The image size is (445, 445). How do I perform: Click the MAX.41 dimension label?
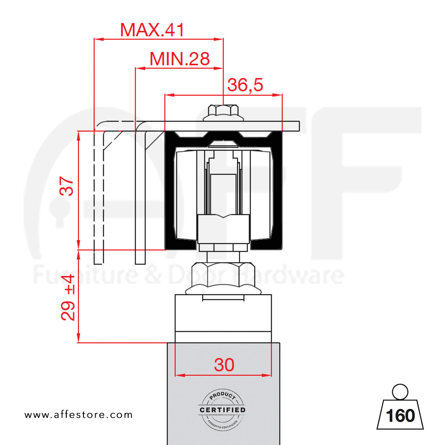(152, 30)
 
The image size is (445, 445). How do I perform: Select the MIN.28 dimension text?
(179, 59)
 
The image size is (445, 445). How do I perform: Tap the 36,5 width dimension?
(245, 85)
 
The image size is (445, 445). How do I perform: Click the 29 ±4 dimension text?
(68, 297)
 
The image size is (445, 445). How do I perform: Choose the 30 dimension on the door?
(224, 365)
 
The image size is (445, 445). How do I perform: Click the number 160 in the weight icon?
(400, 416)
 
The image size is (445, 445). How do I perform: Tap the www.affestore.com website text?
(78, 415)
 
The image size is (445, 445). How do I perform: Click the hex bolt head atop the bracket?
(223, 112)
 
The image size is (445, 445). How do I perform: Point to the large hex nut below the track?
(223, 275)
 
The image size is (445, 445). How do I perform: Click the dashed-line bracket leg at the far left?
(99, 195)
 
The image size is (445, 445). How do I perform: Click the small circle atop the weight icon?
(400, 392)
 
